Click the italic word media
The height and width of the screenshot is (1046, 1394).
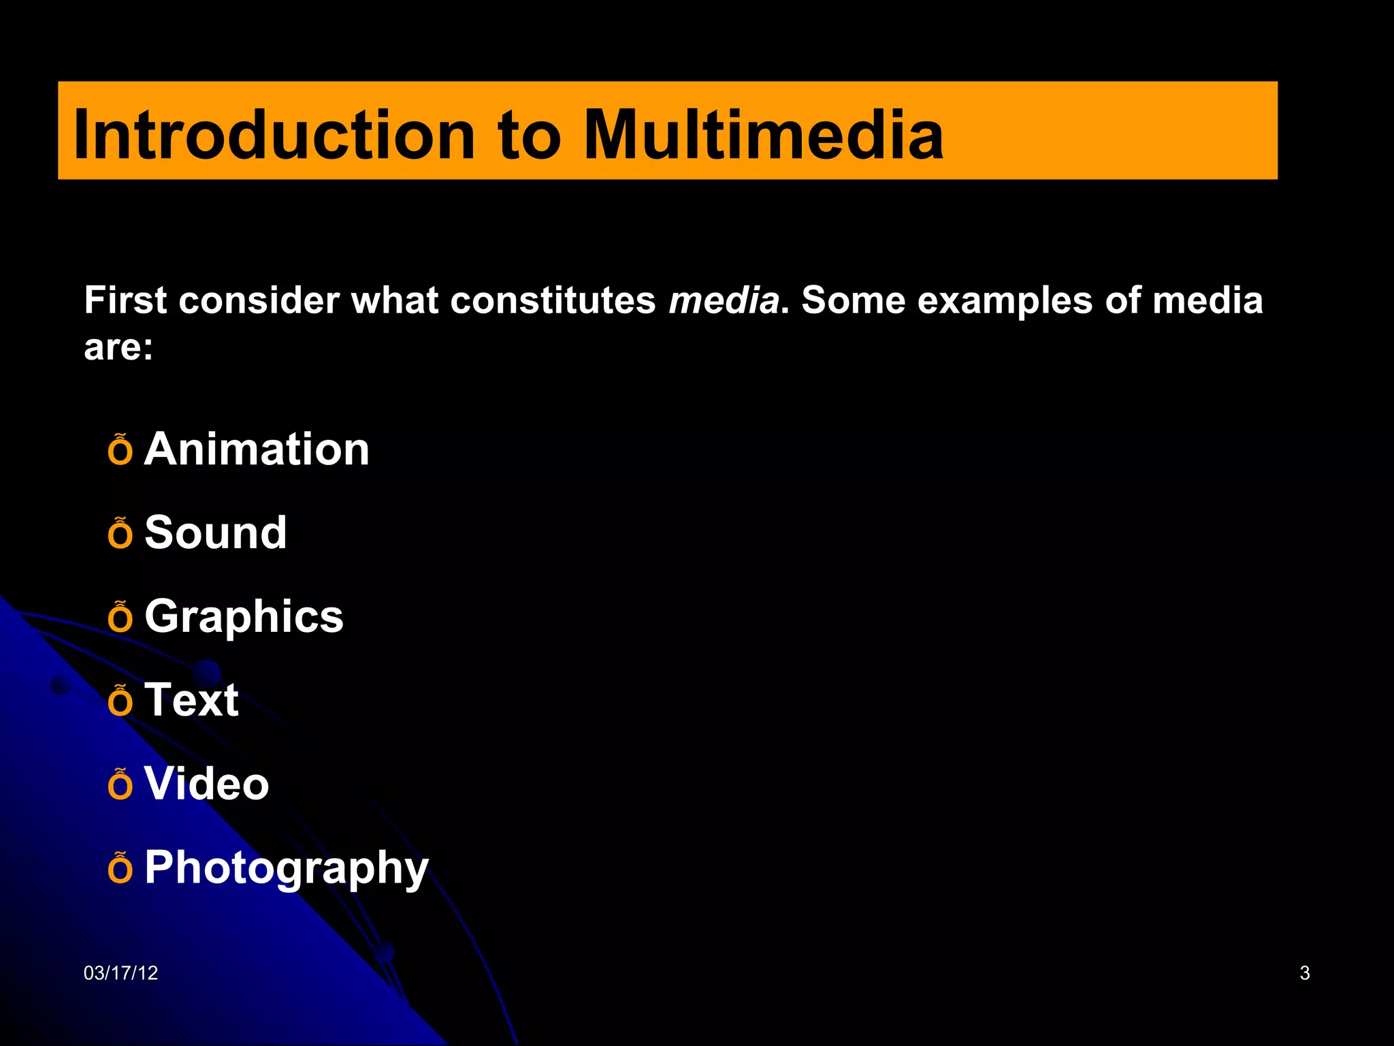click(x=724, y=300)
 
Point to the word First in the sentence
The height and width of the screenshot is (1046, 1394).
click(x=125, y=300)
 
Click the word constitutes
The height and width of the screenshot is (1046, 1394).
click(x=553, y=300)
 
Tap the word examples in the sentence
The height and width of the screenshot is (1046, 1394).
click(x=1005, y=300)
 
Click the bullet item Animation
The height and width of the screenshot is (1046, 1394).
click(x=257, y=449)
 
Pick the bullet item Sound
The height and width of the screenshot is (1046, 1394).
click(x=215, y=533)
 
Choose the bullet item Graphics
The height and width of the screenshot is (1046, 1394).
click(x=244, y=617)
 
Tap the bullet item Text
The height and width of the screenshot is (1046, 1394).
click(x=191, y=700)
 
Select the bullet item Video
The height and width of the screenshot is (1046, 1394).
click(x=206, y=783)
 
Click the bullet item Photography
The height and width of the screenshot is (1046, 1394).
click(x=287, y=868)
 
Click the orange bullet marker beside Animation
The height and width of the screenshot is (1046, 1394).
click(x=120, y=450)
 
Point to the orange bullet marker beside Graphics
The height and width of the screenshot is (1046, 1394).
click(x=120, y=617)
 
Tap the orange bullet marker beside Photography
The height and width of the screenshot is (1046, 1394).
click(x=120, y=868)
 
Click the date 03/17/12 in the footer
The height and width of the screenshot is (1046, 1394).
click(x=120, y=973)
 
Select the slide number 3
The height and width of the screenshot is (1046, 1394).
click(x=1304, y=973)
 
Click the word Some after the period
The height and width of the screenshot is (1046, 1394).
click(x=853, y=300)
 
